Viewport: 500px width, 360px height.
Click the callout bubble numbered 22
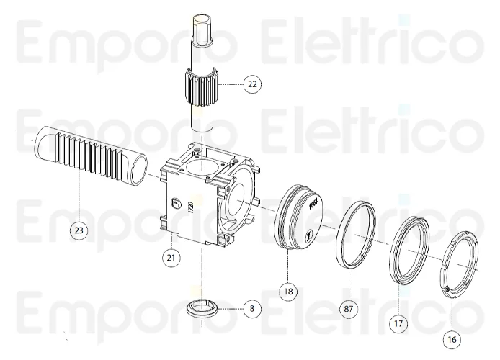tap(251, 84)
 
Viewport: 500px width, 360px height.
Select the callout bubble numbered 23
tap(79, 230)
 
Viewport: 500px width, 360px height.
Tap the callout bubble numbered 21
tap(171, 256)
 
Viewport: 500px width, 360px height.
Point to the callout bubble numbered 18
tap(288, 292)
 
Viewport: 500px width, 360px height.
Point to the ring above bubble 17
tap(409, 243)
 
